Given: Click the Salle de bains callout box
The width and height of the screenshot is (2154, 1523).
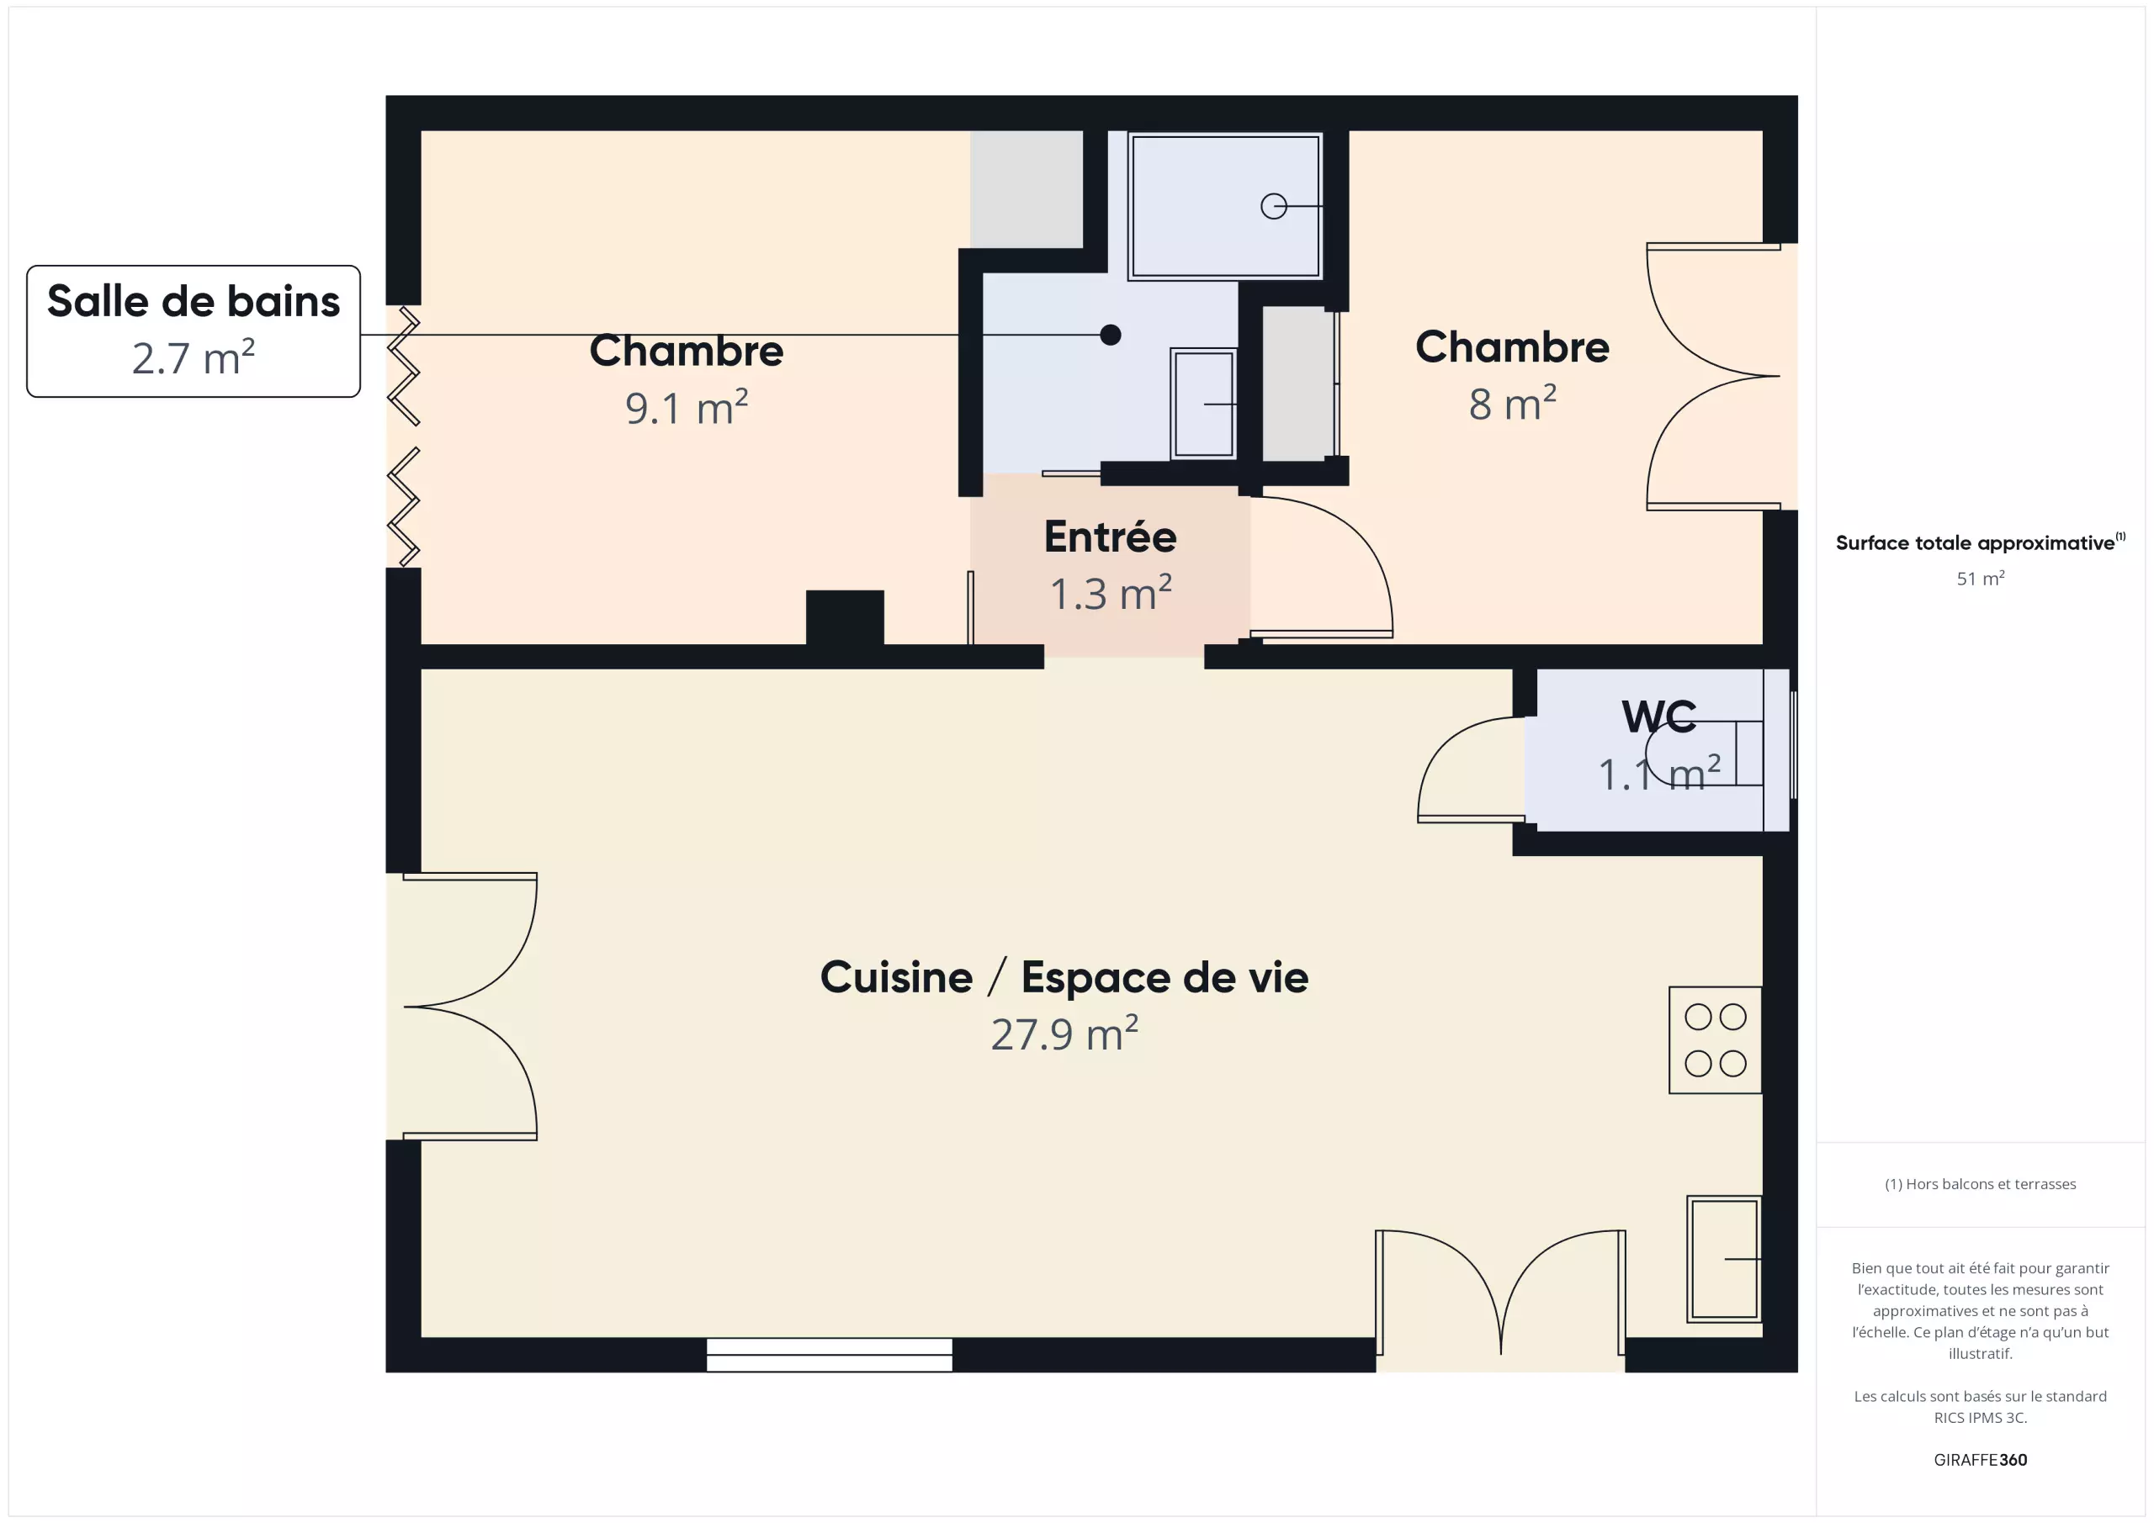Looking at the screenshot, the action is pyautogui.click(x=194, y=331).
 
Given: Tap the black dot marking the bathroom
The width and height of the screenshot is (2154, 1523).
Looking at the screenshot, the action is pyautogui.click(x=1111, y=335).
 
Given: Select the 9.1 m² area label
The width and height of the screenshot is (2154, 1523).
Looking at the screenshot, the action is pyautogui.click(x=687, y=408).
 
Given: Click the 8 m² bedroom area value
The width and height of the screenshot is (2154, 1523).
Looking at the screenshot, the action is pyautogui.click(x=1512, y=405).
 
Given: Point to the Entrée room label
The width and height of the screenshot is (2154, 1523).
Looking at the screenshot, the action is pyautogui.click(x=1111, y=537).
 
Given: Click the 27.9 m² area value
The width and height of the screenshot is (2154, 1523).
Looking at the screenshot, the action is pyautogui.click(x=1065, y=1034).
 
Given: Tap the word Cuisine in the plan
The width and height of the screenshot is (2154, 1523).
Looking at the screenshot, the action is pyautogui.click(x=897, y=977).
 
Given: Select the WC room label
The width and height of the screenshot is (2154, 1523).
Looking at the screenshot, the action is pyautogui.click(x=1658, y=717).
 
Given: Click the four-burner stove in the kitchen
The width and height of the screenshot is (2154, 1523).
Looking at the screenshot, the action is pyautogui.click(x=1715, y=1040).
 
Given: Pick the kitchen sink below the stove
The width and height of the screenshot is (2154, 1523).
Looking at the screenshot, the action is pyautogui.click(x=1724, y=1260).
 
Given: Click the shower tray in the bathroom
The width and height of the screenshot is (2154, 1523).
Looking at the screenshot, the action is pyautogui.click(x=1225, y=206).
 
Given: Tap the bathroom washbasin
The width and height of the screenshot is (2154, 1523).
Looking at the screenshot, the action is pyautogui.click(x=1204, y=405).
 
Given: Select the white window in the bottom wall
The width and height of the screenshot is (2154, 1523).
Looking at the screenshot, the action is pyautogui.click(x=830, y=1355).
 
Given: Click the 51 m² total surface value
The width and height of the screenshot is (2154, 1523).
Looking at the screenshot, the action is pyautogui.click(x=1981, y=579).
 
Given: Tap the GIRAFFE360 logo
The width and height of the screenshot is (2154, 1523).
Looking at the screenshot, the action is pyautogui.click(x=1981, y=1460).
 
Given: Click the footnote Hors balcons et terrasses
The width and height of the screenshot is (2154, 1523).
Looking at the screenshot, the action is pyautogui.click(x=1981, y=1184).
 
